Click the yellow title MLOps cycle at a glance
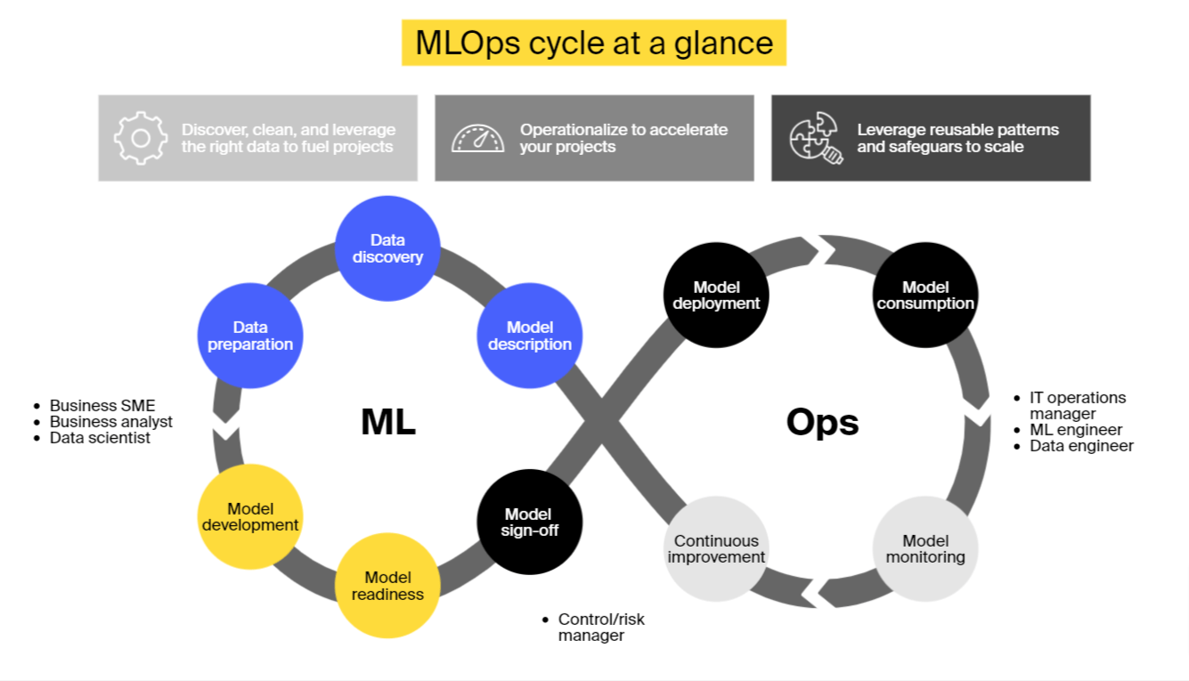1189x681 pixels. click(594, 43)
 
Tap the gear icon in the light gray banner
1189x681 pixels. click(140, 138)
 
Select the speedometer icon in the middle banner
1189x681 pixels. click(477, 138)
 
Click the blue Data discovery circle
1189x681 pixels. click(387, 248)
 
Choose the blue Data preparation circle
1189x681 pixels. click(250, 336)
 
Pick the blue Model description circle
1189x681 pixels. click(529, 336)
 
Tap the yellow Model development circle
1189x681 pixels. click(250, 516)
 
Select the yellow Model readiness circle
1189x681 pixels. click(387, 586)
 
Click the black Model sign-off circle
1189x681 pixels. click(529, 522)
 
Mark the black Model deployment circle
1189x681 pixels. click(716, 295)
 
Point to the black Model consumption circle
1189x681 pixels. click(925, 295)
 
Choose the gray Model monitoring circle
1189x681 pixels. click(925, 548)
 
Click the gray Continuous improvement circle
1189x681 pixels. click(716, 548)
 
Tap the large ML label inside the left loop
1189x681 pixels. click(388, 422)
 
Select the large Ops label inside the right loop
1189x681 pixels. click(822, 422)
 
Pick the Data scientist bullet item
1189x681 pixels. click(100, 438)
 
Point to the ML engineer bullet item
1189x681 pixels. click(1076, 430)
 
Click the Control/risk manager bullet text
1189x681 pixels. click(600, 628)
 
